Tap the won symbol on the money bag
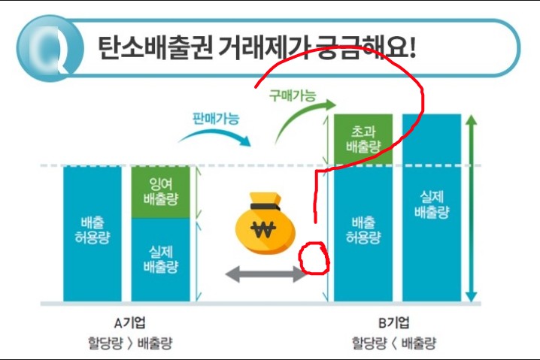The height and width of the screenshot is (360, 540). pos(264,229)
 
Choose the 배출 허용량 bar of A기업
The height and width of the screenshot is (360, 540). pos(92,233)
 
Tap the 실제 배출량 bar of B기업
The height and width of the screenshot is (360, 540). pos(432,207)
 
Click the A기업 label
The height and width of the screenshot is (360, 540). pos(129,323)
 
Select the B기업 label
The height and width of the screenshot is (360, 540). pos(394,323)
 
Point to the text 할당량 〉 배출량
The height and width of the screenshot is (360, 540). pos(129,343)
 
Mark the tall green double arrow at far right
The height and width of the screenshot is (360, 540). pos(471,207)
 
